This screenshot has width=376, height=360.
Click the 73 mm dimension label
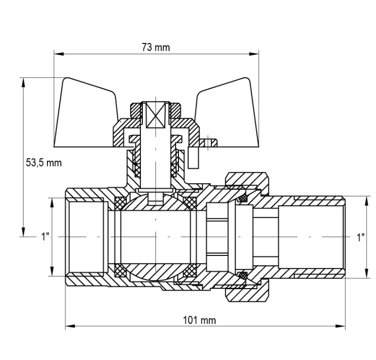click(x=155, y=47)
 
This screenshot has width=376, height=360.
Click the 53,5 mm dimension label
click(x=44, y=163)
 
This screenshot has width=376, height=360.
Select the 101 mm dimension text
click(x=199, y=320)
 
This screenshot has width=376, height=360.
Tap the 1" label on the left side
click(x=45, y=237)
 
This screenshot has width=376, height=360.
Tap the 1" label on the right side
click(x=360, y=237)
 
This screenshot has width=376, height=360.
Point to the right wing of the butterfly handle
click(x=228, y=115)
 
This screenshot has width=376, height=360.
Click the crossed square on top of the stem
click(x=155, y=115)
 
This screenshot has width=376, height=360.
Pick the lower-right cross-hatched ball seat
click(x=190, y=271)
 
